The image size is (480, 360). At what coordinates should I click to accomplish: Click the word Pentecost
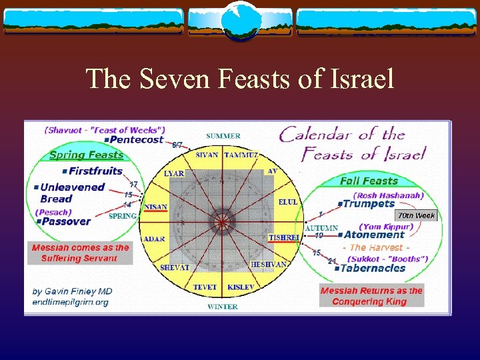[136, 140]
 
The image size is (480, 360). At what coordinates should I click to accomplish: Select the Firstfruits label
[95, 171]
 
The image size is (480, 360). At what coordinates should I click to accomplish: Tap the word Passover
[65, 221]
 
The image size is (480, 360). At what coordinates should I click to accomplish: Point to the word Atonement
[374, 235]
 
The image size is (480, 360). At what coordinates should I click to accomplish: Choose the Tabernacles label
[372, 268]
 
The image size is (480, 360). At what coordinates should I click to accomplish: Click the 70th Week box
[415, 215]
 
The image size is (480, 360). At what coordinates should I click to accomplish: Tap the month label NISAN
[155, 207]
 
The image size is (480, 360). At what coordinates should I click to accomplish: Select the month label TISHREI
[283, 238]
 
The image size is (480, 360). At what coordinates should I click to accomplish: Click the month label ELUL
[288, 201]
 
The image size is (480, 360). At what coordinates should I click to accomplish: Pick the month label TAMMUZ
[243, 155]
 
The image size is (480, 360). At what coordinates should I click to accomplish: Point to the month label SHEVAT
[175, 267]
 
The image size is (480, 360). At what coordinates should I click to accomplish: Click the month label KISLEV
[240, 287]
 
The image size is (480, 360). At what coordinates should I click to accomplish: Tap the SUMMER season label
[223, 136]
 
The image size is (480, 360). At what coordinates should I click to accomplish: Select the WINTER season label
[223, 307]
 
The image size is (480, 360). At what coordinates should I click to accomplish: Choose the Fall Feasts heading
[369, 181]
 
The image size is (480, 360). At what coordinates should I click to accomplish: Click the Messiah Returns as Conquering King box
[371, 296]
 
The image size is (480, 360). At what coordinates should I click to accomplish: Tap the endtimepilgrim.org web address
[69, 301]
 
